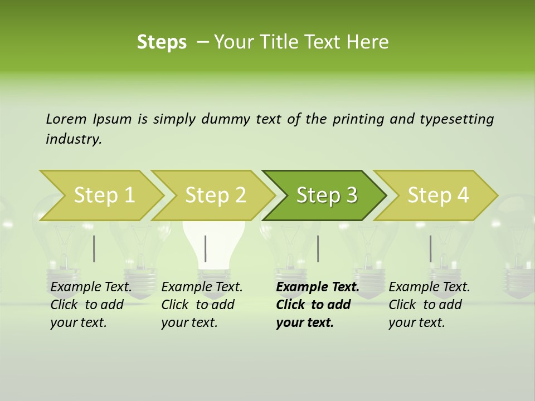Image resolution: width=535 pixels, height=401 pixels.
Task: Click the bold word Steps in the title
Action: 162,42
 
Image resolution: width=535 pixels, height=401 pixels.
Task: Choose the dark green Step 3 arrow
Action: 327,195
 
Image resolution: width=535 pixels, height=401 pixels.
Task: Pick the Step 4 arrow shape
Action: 438,195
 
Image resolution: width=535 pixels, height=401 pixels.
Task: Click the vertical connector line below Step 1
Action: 94,248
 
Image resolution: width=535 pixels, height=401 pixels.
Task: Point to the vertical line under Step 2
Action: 206,248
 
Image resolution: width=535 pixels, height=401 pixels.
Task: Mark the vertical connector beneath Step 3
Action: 318,248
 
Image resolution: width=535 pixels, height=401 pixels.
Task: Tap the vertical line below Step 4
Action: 430,248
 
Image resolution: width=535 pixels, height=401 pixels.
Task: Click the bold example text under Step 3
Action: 317,305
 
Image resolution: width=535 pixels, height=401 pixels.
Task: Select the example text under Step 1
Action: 90,305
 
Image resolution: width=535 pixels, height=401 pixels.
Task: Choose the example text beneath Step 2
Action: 201,305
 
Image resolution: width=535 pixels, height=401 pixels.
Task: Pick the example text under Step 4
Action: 429,305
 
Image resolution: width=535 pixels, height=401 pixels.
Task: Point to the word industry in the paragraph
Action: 73,139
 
